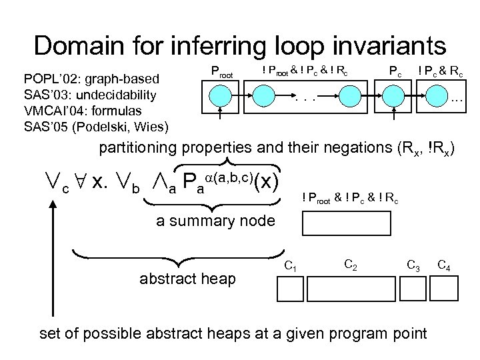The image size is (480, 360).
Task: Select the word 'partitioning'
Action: (137, 147)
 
